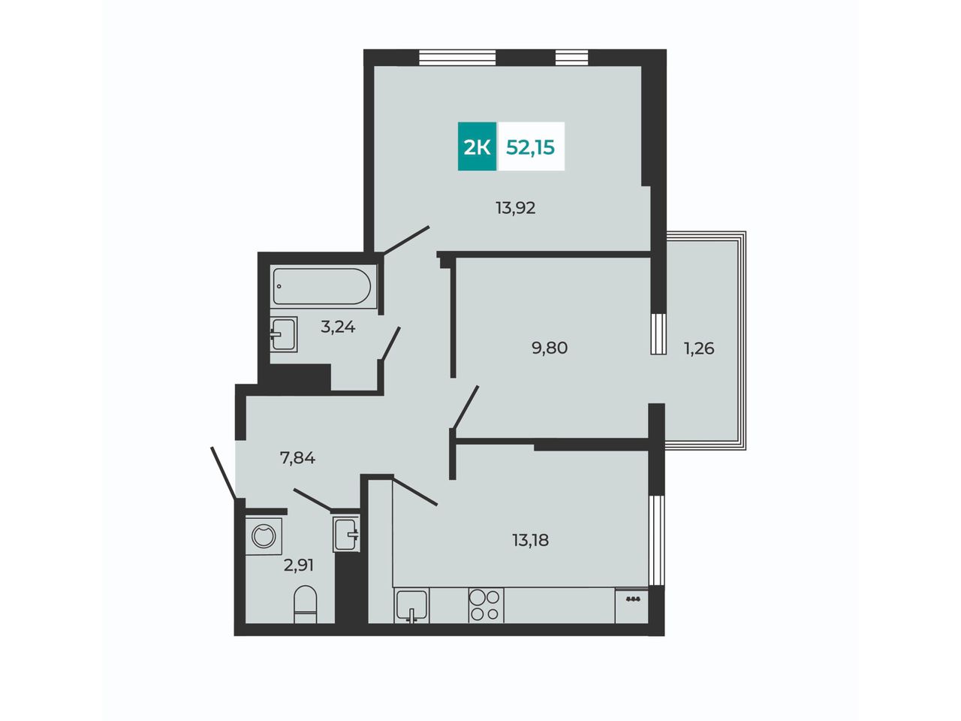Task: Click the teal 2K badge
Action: (x=477, y=146)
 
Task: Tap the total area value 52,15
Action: (x=530, y=147)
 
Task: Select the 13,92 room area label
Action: (x=515, y=207)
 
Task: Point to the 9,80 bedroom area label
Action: (x=550, y=348)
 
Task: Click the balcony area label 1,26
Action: (x=699, y=348)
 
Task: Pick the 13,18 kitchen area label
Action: (x=530, y=540)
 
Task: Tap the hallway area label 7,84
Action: (x=298, y=458)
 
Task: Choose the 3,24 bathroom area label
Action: (x=338, y=327)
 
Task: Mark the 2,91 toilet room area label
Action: (x=299, y=565)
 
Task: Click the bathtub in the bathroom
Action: (x=323, y=287)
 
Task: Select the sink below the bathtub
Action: (x=284, y=334)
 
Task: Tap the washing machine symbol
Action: (x=264, y=536)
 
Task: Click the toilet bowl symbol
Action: (x=305, y=604)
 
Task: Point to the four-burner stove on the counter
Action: (x=486, y=605)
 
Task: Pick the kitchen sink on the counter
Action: (x=411, y=605)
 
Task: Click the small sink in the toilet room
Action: (x=346, y=534)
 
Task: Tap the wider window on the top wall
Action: (x=457, y=57)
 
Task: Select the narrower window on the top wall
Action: (x=572, y=57)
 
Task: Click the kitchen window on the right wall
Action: (x=656, y=540)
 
